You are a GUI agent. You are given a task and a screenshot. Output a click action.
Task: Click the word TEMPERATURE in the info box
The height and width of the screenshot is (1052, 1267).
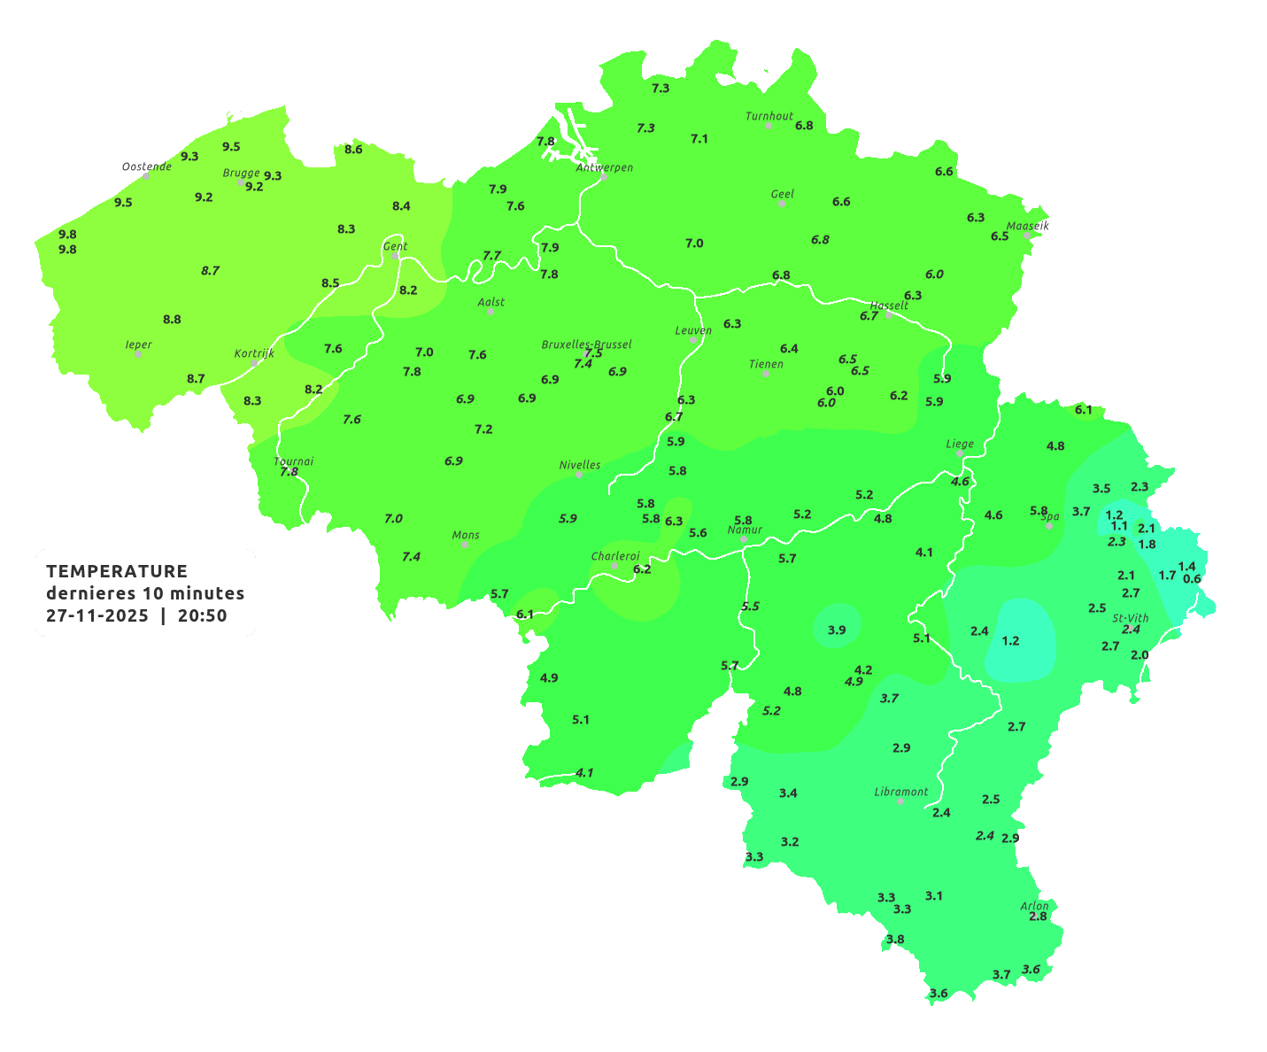point(117,571)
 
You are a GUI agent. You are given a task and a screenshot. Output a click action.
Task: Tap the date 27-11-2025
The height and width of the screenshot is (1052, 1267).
point(97,616)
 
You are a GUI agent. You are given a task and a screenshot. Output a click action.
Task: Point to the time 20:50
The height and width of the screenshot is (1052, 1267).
point(203,616)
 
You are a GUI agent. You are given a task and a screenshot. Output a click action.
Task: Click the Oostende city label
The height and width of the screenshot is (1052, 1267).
point(146,166)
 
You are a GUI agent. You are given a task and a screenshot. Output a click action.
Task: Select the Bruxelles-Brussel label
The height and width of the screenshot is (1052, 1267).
point(586,344)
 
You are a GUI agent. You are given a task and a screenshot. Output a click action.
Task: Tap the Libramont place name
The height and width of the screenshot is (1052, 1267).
point(900,792)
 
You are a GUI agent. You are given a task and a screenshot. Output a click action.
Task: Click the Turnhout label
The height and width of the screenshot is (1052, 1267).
point(769,116)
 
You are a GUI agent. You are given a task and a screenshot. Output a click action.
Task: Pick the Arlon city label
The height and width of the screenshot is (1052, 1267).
point(1033,906)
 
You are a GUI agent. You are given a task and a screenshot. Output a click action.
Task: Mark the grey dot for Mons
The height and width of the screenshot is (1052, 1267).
point(465,545)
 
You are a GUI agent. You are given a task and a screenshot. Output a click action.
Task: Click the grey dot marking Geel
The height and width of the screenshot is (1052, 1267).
point(782,204)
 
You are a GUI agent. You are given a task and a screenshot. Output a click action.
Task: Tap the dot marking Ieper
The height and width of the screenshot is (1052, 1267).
point(138,354)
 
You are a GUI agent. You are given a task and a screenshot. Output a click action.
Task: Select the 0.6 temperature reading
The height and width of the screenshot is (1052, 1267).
point(1192,579)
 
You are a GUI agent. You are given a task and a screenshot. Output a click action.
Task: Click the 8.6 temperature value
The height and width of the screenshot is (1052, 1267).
point(353,149)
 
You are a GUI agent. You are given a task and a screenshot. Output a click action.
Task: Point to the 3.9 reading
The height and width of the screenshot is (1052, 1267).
point(837,630)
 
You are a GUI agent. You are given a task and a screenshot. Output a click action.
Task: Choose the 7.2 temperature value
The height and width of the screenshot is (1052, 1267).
point(483,429)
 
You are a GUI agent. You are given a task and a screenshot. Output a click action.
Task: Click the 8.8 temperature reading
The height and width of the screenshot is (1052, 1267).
point(172,319)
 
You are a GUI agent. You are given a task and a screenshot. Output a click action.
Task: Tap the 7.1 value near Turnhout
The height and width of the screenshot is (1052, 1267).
point(699,138)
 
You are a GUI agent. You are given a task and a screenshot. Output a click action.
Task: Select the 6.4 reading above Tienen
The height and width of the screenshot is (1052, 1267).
point(789,348)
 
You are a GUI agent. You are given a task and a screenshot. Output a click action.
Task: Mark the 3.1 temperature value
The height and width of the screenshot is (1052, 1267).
point(933,895)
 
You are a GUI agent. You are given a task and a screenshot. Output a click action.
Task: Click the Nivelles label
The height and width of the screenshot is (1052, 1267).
point(579,465)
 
